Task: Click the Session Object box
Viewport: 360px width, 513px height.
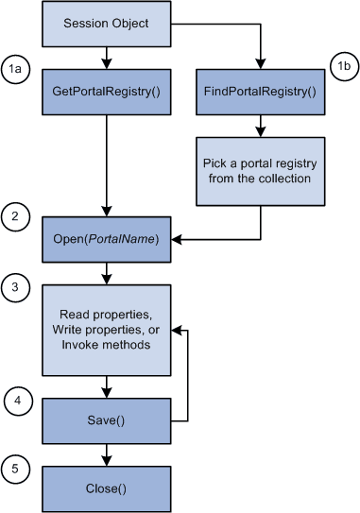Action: [105, 24]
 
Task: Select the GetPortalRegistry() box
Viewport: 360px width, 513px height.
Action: [105, 95]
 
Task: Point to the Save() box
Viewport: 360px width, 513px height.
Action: [105, 419]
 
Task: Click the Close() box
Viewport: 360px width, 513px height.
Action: [105, 489]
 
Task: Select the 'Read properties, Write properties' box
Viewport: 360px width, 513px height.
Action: [105, 329]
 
